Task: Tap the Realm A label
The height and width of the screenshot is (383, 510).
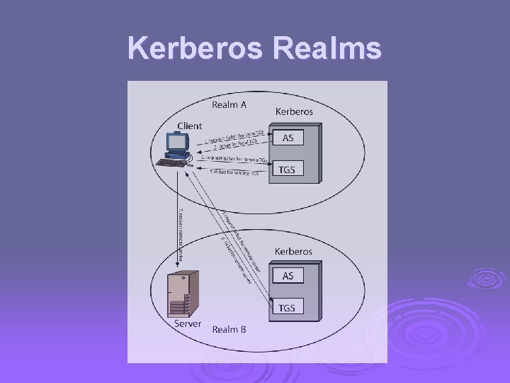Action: [229, 106]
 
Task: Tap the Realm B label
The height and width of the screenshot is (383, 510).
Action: [229, 328]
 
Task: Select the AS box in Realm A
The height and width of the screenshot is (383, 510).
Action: [288, 138]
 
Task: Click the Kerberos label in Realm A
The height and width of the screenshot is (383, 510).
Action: [294, 111]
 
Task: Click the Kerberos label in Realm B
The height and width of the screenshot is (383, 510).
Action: [294, 251]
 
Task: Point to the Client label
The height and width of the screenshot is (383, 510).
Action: [189, 126]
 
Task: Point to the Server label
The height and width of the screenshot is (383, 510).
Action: [188, 323]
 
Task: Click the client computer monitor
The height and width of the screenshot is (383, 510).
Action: [176, 144]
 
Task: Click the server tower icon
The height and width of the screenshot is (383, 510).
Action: [183, 294]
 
